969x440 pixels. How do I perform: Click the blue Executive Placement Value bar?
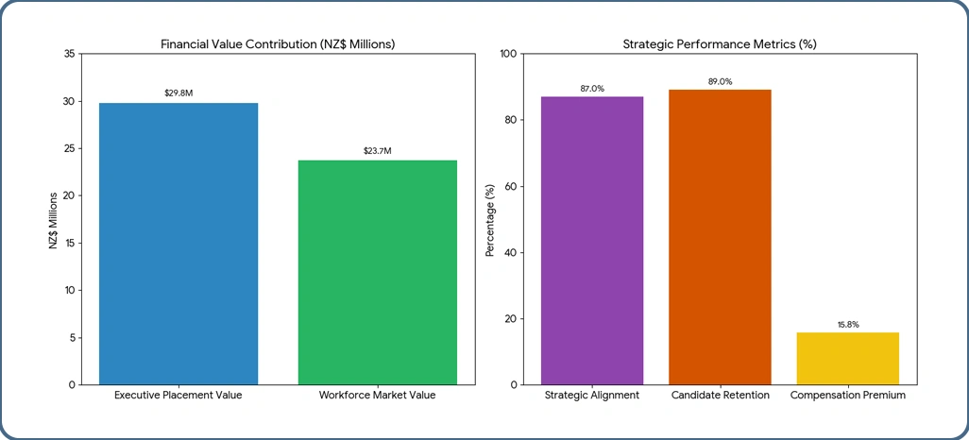178,244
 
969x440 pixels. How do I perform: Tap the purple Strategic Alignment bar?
592,240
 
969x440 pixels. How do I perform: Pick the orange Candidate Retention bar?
720,237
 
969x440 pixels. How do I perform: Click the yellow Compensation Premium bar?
847,358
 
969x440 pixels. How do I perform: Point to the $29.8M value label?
178,93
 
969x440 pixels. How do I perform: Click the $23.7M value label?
378,151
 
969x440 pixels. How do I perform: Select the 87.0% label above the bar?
592,88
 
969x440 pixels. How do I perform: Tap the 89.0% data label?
720,81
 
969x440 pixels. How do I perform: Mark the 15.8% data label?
847,324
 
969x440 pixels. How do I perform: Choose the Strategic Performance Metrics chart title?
720,44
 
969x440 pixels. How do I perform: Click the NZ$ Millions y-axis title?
54,219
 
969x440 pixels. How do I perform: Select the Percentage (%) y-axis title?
489,219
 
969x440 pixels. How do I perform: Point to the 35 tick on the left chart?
69,54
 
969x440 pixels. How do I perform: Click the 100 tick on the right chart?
507,54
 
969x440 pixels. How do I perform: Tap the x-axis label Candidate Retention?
720,395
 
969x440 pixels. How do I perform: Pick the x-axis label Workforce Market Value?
378,395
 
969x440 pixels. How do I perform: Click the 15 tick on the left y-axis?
69,243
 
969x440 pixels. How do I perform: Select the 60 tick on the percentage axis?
510,186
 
